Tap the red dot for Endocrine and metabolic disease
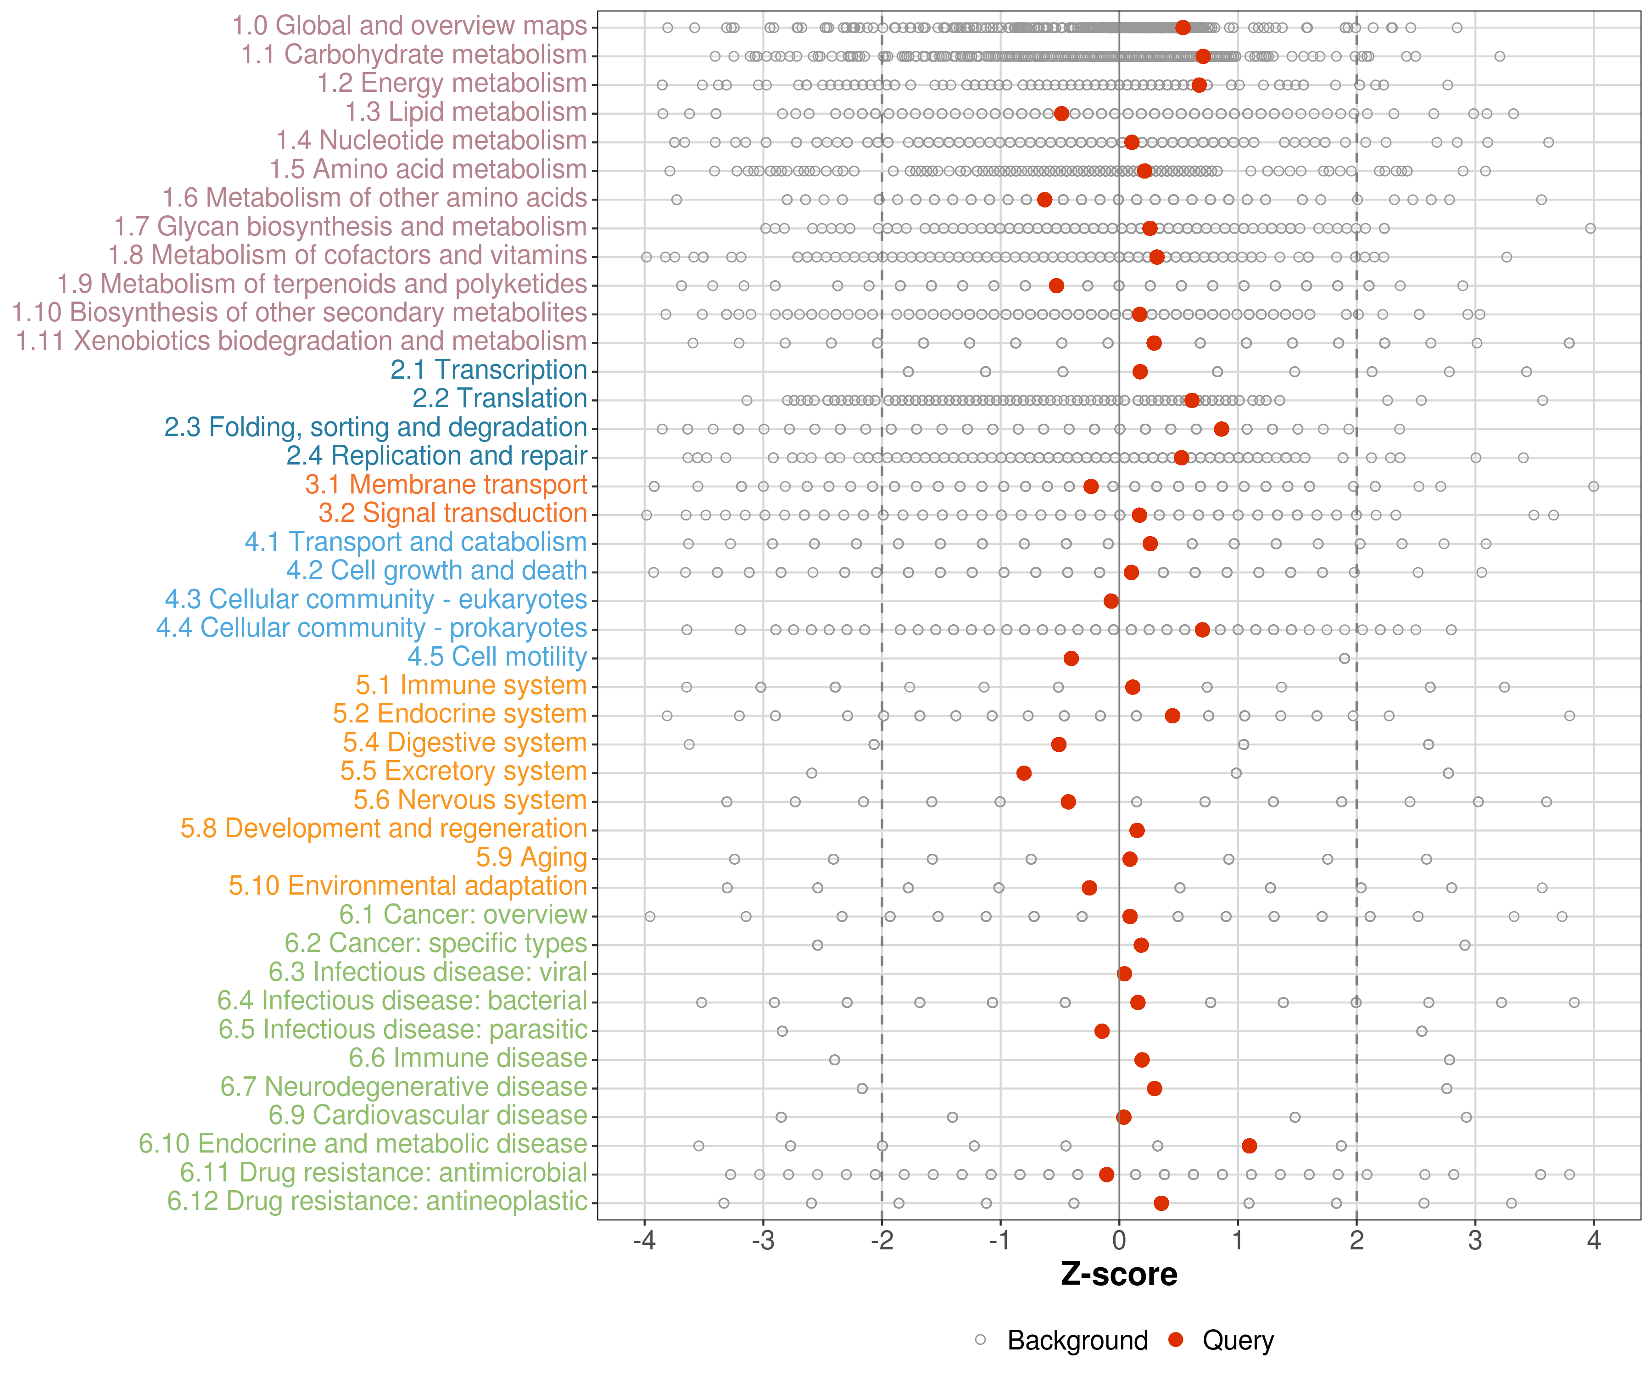coord(1249,1146)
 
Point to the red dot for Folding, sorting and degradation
coord(1221,429)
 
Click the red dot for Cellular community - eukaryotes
coord(1111,601)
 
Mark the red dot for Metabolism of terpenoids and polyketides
coord(1056,285)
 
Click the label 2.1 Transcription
coord(489,370)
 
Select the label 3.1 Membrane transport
coord(446,485)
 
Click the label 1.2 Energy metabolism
coord(452,84)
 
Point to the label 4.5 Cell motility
coord(497,656)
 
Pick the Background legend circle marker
coord(980,1340)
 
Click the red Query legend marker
coord(1176,1340)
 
